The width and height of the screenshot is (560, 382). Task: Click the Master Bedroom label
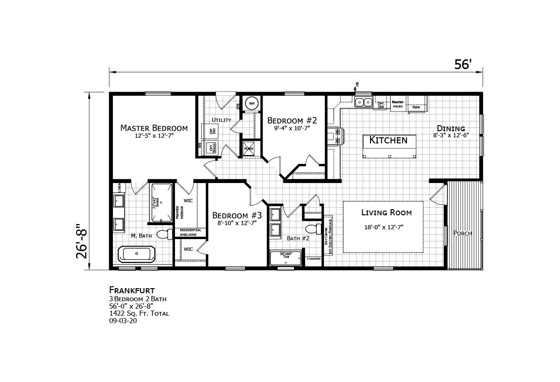154,128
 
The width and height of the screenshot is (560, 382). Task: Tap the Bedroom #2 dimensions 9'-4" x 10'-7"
289,127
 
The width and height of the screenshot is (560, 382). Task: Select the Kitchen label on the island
388,140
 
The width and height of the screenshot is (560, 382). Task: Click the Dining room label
450,128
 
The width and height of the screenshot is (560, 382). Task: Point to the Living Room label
386,213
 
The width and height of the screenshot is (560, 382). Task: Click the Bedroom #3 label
237,215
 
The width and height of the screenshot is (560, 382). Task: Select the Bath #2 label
298,239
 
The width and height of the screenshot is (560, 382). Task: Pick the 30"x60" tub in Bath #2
285,259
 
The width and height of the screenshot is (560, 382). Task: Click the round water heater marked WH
252,103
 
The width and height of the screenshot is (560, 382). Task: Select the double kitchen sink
363,102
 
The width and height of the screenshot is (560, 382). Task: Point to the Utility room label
221,120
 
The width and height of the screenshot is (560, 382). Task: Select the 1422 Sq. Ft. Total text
139,313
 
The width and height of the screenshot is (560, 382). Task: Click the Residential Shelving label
190,232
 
